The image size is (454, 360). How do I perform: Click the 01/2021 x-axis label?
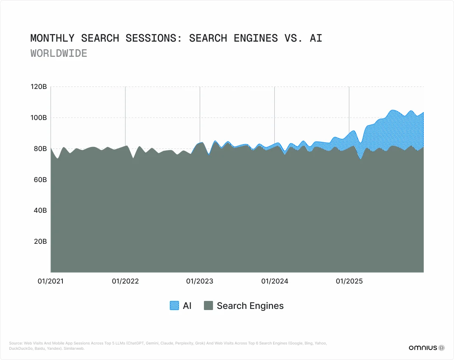click(51, 281)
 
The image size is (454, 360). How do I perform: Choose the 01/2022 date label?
click(125, 281)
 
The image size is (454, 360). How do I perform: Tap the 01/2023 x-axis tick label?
click(200, 281)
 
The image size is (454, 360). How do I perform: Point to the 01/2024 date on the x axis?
click(274, 281)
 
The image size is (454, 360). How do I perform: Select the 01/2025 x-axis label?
click(349, 281)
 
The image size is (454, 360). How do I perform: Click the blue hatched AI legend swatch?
click(174, 306)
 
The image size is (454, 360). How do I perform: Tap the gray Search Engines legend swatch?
click(208, 306)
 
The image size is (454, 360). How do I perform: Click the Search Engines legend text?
click(250, 306)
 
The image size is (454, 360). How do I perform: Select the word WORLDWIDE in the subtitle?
click(59, 53)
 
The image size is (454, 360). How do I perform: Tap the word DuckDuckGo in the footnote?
click(19, 349)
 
